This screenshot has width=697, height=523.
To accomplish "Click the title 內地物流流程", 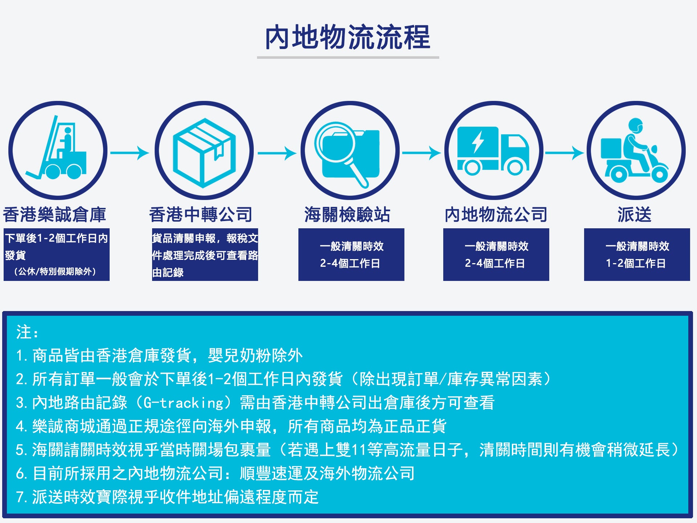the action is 348,37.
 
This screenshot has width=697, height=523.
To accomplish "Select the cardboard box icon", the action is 204,152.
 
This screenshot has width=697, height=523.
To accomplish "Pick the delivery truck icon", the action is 493,151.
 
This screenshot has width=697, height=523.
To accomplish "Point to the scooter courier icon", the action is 635,150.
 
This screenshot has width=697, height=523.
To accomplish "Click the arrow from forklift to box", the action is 130,153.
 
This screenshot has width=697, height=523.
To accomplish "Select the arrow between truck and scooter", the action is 564,153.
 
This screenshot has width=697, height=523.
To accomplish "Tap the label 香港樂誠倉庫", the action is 54,214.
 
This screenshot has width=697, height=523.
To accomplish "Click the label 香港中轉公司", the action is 201,214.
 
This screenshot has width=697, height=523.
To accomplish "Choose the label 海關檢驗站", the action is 347,214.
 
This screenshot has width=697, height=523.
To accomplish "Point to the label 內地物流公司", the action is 496,214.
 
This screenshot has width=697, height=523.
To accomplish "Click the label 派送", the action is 635,214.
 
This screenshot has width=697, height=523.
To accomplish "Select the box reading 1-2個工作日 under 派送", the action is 637,254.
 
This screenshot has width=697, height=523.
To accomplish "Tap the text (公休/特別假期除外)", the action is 55,271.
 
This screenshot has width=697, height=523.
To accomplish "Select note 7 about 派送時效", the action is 167,497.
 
